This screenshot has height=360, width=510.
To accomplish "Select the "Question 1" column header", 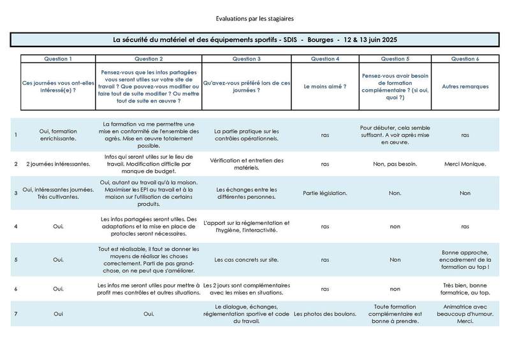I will point(57,59).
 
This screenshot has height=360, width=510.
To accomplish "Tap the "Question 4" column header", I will point(324,59).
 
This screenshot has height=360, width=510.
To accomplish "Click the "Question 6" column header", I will point(465,59).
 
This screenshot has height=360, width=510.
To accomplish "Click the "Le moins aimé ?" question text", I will point(324,85).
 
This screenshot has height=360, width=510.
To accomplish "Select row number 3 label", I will point(15,192).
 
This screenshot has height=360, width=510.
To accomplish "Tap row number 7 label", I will point(15,314).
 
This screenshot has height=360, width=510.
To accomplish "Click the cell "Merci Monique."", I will point(465,164).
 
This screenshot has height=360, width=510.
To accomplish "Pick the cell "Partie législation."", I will point(324,192).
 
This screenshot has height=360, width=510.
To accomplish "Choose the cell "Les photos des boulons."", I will point(324,314).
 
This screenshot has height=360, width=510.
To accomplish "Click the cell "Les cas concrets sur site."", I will point(246,260).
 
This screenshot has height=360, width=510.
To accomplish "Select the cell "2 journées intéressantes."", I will point(57,164).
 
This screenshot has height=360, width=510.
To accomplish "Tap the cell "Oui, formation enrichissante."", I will point(57,134).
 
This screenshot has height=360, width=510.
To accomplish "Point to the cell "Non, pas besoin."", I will point(395,164).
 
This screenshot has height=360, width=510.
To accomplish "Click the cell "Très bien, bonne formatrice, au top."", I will point(465,289).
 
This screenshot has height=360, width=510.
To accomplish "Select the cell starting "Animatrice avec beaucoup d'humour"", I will point(465,314).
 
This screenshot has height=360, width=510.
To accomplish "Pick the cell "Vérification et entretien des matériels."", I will point(246,164).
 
